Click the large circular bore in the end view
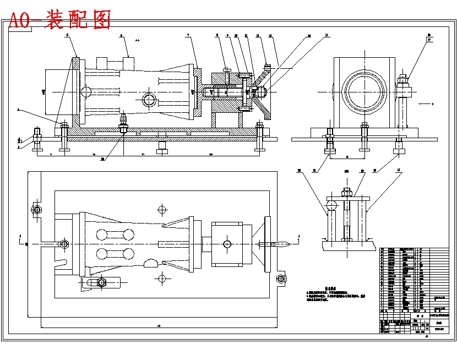pos(362,91)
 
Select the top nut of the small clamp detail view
pos(346,192)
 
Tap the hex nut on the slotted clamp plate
pos(101,282)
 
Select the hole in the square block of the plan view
pos(226,243)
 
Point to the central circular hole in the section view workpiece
pos(149,100)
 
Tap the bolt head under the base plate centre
pos(161,150)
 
